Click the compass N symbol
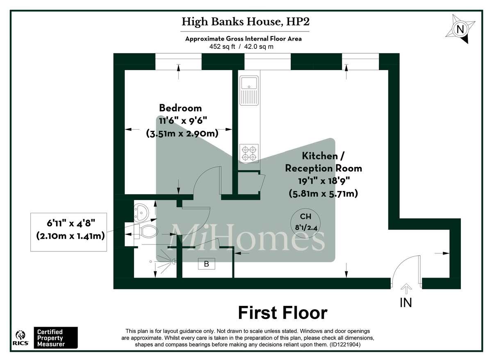click(460, 30)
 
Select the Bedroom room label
click(180, 108)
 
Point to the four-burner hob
click(249, 153)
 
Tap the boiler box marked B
click(207, 264)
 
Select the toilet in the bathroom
click(148, 232)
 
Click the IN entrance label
click(405, 303)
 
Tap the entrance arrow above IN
click(406, 289)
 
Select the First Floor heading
click(283, 313)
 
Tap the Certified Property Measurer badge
click(55, 338)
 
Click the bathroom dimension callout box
click(69, 232)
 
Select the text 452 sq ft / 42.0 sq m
click(241, 47)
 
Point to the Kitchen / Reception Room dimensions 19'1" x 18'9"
click(323, 181)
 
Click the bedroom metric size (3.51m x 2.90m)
click(182, 134)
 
